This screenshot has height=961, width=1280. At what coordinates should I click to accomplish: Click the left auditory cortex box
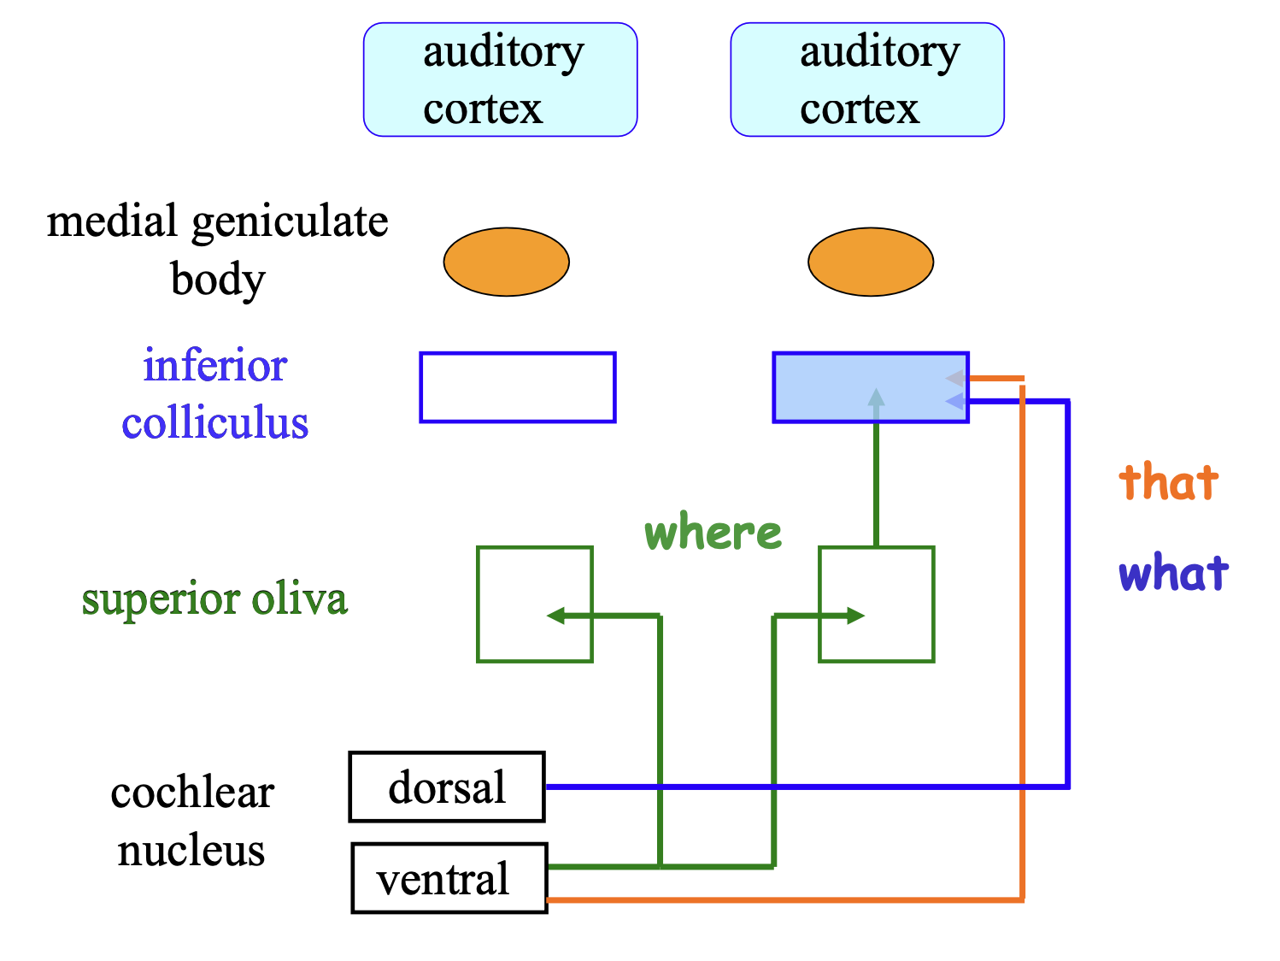[x=500, y=80]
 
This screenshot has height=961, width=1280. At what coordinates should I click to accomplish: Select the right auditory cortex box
[x=867, y=80]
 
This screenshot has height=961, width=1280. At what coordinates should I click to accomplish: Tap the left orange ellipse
[x=506, y=262]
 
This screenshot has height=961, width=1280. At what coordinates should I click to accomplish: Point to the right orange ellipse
[x=871, y=262]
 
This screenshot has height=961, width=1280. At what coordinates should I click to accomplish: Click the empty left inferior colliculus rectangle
[x=518, y=387]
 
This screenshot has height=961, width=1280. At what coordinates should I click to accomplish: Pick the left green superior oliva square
[x=513, y=581]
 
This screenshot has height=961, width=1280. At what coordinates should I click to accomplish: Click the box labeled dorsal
[x=447, y=787]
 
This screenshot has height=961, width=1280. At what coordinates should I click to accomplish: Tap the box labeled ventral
[x=449, y=878]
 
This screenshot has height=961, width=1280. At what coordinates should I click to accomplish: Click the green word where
[x=713, y=533]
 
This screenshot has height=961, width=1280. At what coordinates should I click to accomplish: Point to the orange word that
[x=1169, y=482]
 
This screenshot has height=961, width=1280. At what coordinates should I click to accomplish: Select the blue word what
[x=1174, y=573]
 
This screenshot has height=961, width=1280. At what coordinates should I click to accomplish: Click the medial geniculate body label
[x=217, y=250]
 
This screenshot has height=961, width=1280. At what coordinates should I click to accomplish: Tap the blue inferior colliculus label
[x=214, y=394]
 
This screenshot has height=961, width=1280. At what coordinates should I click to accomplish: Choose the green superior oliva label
[x=214, y=598]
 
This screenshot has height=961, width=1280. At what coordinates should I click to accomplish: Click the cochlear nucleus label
[x=192, y=821]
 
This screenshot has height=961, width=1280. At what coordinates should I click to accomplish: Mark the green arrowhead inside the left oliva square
[x=556, y=616]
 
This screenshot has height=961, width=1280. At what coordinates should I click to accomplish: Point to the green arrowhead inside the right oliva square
[x=855, y=616]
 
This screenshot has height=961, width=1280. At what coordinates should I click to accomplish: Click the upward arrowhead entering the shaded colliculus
[x=876, y=398]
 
